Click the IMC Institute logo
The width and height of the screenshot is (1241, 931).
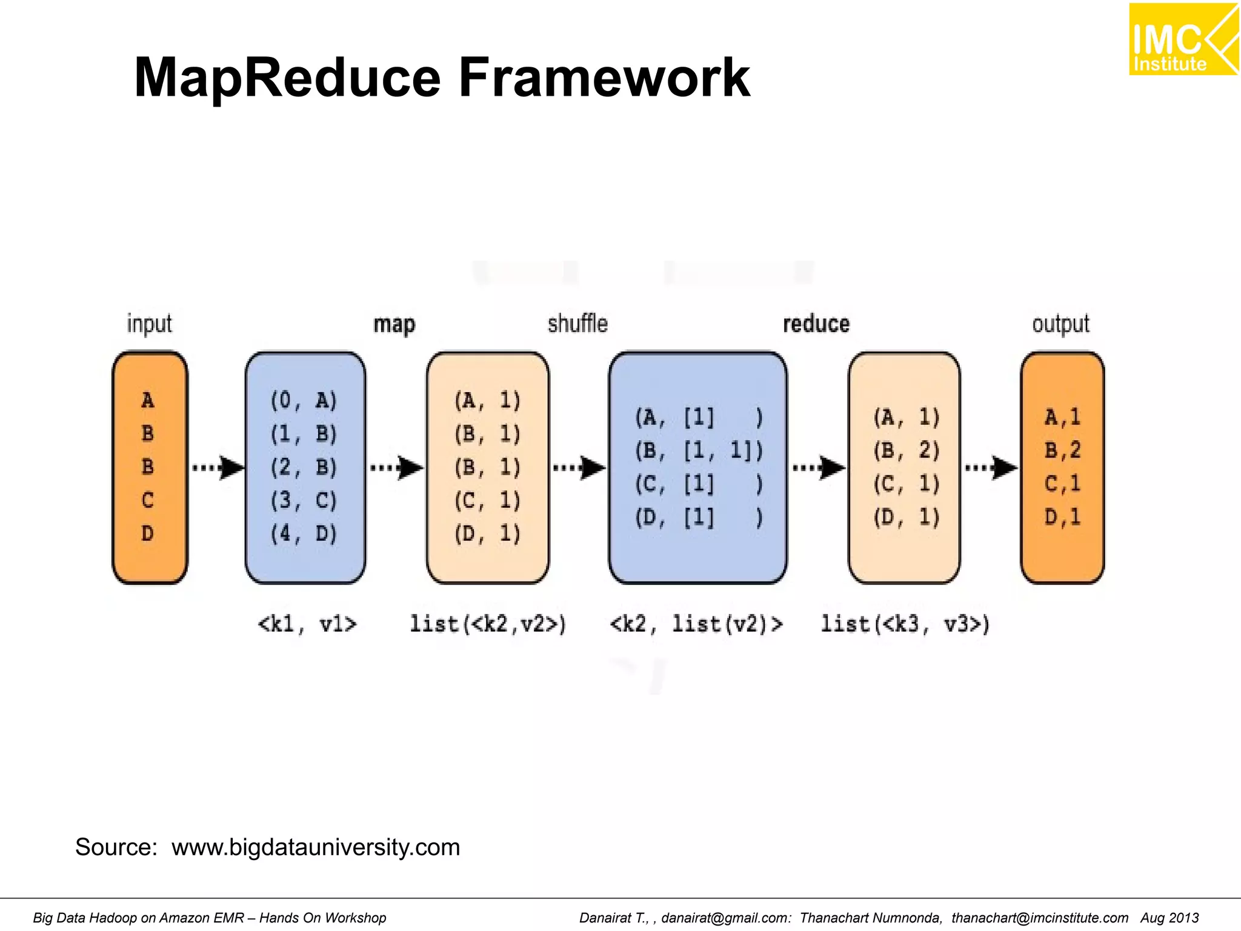click(1183, 39)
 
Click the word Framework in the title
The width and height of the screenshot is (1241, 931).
click(604, 78)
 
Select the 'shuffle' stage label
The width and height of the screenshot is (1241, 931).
click(577, 324)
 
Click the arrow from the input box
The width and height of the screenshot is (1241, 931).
click(218, 467)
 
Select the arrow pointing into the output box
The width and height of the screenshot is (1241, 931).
click(991, 467)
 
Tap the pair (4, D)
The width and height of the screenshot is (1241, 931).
click(304, 534)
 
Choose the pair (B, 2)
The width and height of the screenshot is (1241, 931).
click(906, 450)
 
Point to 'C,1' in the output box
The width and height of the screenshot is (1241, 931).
click(1062, 484)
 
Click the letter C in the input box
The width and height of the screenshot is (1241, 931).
click(148, 500)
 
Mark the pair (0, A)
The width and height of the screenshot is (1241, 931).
click(304, 401)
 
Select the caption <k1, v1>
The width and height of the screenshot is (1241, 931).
click(307, 624)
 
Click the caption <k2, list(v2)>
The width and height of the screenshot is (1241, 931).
click(696, 624)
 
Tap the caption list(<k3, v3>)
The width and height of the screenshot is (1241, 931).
click(905, 624)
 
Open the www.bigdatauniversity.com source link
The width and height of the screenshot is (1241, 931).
click(316, 847)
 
